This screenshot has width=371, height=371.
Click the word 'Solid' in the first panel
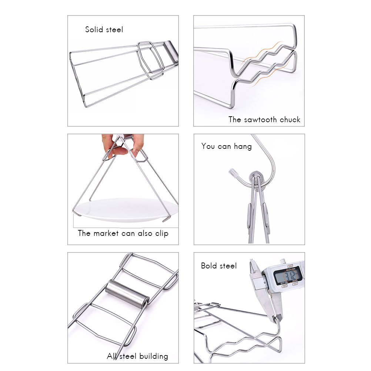pos(94,30)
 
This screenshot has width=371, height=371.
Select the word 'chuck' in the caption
pos(290,120)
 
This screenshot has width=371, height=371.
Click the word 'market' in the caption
pos(106,233)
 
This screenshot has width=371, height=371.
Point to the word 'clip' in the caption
pos(162,234)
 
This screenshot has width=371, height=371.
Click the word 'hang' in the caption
pos(243,147)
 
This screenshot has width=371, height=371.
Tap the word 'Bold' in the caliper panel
pos(209,266)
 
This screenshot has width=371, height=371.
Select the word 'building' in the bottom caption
pos(154,356)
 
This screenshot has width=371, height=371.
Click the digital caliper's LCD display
pos(288,275)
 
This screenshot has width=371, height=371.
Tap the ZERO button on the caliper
pos(295,284)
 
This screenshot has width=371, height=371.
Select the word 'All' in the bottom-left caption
pos(112,356)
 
